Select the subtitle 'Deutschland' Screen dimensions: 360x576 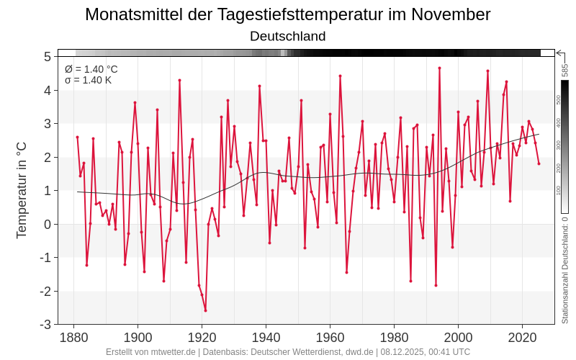point(288,36)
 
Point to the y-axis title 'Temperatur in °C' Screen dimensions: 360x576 point(22,189)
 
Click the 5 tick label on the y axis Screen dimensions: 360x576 point(47,56)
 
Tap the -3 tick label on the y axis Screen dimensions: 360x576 point(45,325)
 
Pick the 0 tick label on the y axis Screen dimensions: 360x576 point(47,224)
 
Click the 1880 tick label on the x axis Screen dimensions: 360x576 point(73,337)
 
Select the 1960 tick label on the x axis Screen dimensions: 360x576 point(330,337)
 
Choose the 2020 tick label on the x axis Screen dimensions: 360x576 point(522,337)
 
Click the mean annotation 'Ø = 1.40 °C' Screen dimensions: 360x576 point(91,69)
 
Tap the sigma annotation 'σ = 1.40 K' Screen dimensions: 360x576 point(89,80)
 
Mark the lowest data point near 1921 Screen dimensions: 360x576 point(205,310)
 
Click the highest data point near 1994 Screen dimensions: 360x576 point(439,68)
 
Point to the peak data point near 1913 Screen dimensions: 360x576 point(179,80)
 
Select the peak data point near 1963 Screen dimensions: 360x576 point(340,76)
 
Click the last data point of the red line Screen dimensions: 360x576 point(539,163)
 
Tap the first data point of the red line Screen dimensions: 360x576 point(77,137)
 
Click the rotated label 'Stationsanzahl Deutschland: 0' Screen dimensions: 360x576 point(565,270)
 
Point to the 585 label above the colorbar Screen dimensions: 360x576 point(565,70)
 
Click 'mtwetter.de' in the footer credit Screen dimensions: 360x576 point(171,352)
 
